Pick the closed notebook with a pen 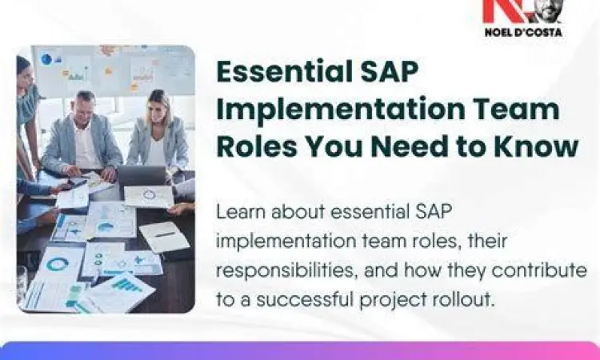tap(165, 235)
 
